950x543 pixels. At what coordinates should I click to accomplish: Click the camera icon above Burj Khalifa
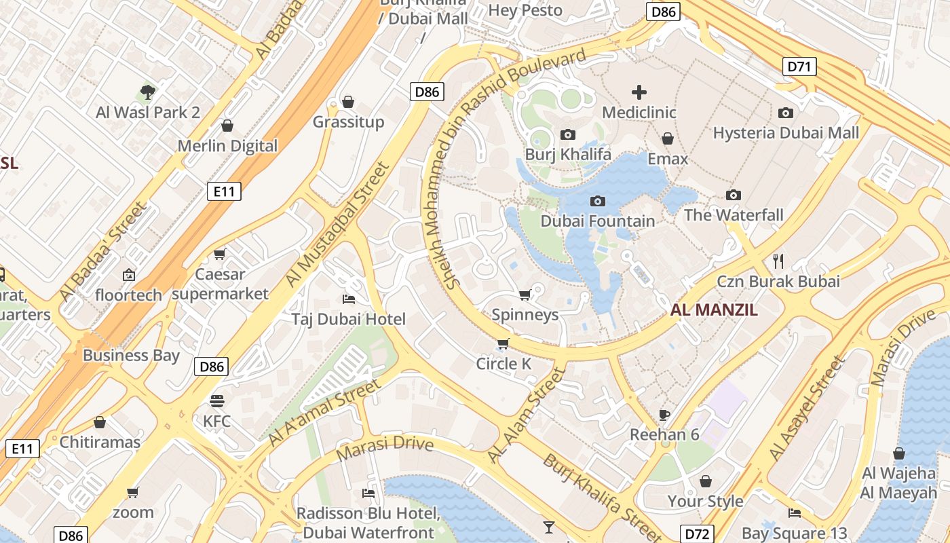click(568, 134)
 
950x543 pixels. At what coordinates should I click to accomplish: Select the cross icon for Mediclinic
click(639, 92)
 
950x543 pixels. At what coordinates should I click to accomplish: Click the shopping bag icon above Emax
click(668, 138)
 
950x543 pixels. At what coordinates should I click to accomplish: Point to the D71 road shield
click(799, 67)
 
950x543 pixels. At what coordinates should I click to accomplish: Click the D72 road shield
click(697, 533)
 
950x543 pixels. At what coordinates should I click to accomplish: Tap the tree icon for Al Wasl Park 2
click(147, 92)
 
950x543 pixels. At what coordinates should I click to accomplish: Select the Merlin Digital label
click(227, 146)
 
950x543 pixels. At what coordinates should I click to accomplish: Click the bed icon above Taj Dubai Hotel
click(349, 299)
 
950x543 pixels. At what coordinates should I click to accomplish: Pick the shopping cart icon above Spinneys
click(525, 295)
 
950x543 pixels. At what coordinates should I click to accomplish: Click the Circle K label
click(503, 364)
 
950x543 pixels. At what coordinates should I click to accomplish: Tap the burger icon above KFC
click(216, 400)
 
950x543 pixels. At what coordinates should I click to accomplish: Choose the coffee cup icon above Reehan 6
click(664, 414)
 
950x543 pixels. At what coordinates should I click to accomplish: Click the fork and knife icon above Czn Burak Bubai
click(778, 261)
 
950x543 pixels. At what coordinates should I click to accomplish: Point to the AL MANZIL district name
click(714, 310)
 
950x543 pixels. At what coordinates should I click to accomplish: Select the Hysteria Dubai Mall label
click(786, 133)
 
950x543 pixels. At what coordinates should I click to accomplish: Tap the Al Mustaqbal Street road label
click(337, 224)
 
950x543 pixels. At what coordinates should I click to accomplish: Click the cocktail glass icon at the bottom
click(548, 527)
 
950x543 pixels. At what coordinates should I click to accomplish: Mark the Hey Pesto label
click(525, 10)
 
